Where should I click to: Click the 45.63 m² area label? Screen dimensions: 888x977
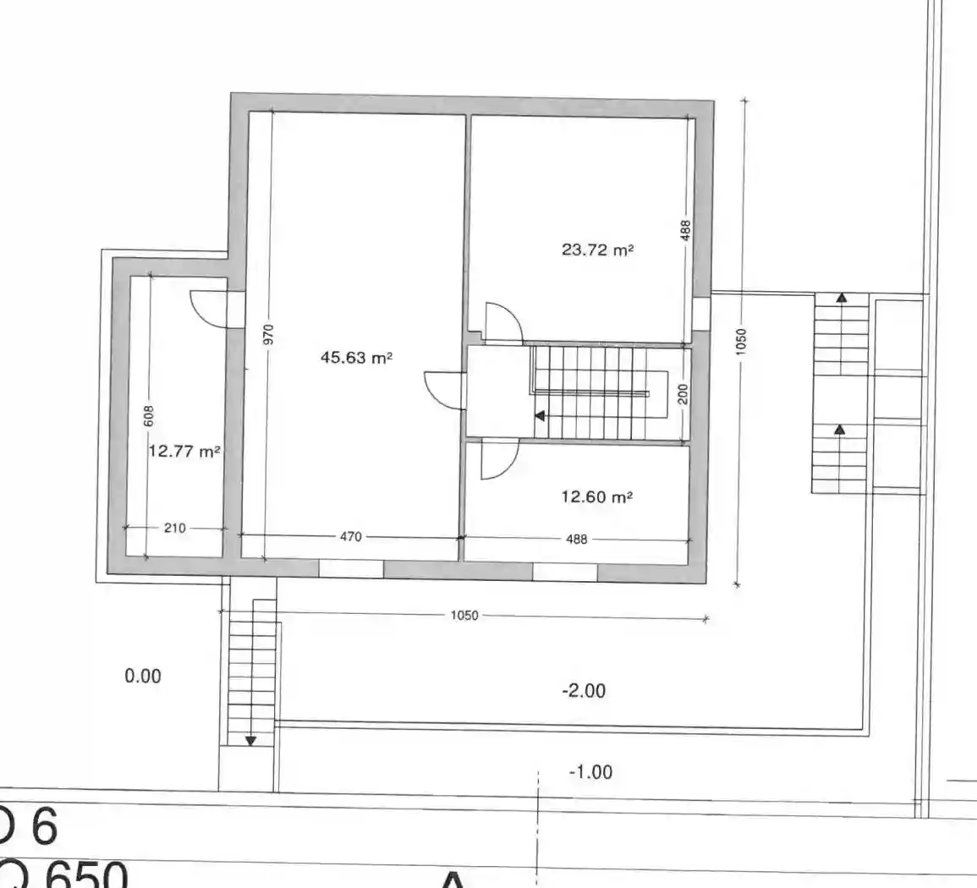[x=356, y=358]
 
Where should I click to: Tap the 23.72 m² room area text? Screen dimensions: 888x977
[x=597, y=249]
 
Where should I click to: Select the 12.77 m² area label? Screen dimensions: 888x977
[x=184, y=452]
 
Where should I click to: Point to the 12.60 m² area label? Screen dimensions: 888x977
[x=597, y=496]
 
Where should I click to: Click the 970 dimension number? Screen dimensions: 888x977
[x=269, y=336]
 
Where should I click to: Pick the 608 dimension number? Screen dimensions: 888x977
[x=149, y=415]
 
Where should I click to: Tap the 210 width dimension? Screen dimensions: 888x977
[x=174, y=529]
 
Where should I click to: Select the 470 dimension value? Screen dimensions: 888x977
[x=351, y=536]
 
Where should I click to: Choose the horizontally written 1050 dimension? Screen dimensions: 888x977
[x=464, y=616]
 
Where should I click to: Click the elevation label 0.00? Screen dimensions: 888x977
[x=142, y=676]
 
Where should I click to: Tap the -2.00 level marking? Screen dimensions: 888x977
[x=584, y=691]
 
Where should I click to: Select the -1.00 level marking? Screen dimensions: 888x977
[x=590, y=772]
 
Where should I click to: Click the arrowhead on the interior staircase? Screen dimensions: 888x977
[x=540, y=415]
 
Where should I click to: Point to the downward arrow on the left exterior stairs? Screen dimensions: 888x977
[x=250, y=741]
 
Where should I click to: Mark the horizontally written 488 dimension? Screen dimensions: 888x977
[x=576, y=539]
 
